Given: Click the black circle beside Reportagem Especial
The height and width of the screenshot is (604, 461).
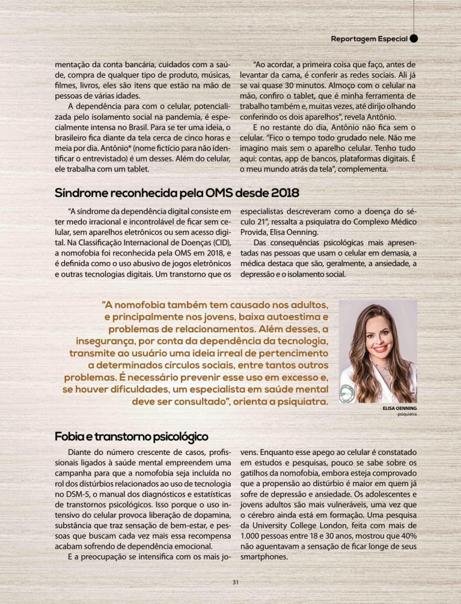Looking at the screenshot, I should click(414, 38).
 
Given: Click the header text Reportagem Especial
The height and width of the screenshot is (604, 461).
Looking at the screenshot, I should click(369, 39).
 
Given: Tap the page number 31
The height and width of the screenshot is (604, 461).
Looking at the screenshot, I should click(236, 581).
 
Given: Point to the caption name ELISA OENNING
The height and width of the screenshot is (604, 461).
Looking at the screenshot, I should click(400, 407).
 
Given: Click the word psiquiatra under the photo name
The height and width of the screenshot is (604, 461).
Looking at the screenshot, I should click(407, 414).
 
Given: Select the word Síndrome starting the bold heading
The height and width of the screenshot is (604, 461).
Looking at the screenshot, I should click(81, 194).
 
